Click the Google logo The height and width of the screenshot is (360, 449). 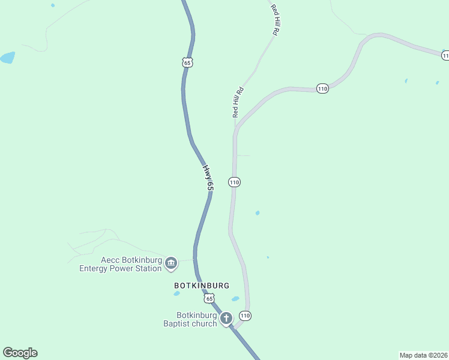[20, 353]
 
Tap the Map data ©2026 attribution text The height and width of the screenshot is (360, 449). [423, 355]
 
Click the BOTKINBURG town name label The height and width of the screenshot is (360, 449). [202, 286]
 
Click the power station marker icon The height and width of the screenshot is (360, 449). [171, 263]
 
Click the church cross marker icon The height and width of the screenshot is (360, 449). [226, 319]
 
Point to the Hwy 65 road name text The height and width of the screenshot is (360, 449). [208, 178]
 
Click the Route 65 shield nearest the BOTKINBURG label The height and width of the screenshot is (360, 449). [208, 298]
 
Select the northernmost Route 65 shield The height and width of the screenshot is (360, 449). [188, 62]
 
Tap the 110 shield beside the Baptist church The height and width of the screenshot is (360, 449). [245, 316]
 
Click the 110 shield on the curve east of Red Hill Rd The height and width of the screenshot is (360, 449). [322, 89]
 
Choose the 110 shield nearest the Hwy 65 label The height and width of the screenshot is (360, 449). [234, 182]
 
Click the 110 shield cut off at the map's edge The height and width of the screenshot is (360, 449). [445, 56]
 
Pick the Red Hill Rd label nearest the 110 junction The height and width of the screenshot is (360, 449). [237, 102]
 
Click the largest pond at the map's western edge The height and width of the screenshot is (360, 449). [7, 58]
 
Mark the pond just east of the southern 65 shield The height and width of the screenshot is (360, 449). [235, 299]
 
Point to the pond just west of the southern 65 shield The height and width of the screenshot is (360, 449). [177, 293]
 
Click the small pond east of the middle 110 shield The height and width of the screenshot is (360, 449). [258, 213]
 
